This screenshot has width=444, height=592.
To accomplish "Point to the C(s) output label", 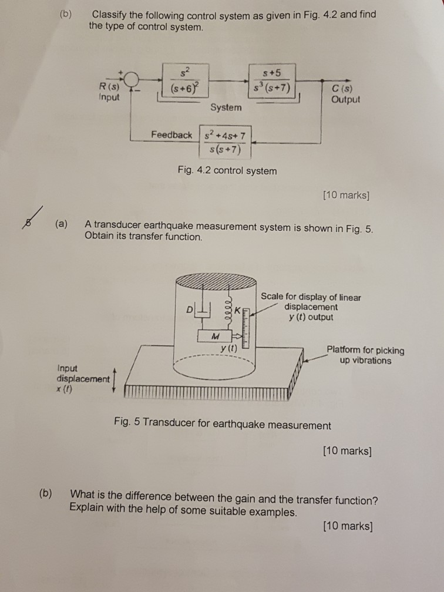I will (x=343, y=94).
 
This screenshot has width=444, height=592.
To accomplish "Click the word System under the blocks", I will (x=226, y=107).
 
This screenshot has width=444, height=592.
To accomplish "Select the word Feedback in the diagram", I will (x=171, y=134).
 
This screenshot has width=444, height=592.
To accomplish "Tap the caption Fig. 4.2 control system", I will (x=227, y=171).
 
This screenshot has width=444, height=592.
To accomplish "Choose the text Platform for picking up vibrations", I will (x=365, y=355).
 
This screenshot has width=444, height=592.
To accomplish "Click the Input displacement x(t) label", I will (x=82, y=378).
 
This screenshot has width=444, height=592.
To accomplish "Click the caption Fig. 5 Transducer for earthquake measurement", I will (x=223, y=425).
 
